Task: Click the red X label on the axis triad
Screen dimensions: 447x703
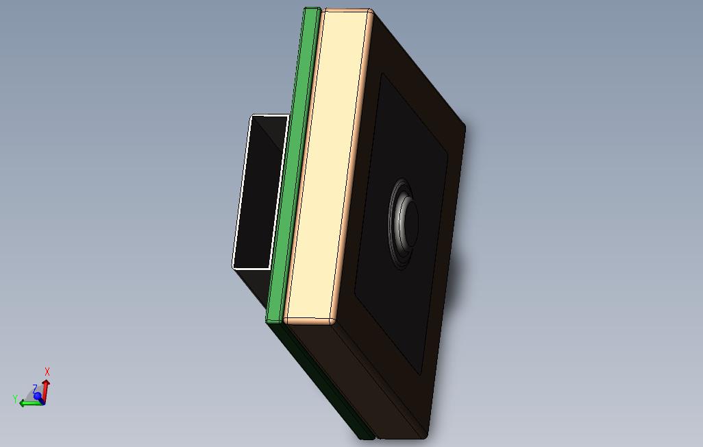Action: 47,372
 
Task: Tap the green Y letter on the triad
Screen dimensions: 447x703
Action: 15,398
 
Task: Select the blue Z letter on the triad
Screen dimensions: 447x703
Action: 34,389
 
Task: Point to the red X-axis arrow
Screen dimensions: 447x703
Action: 45,387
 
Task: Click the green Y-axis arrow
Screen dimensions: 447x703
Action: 29,403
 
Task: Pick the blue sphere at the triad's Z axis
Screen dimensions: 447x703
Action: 38,396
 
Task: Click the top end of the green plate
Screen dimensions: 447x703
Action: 312,10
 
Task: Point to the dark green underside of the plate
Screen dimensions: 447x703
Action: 322,384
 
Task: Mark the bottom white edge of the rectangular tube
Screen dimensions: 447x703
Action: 251,267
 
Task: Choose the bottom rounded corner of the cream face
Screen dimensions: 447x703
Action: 329,321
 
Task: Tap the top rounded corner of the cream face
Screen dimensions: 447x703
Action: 368,12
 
